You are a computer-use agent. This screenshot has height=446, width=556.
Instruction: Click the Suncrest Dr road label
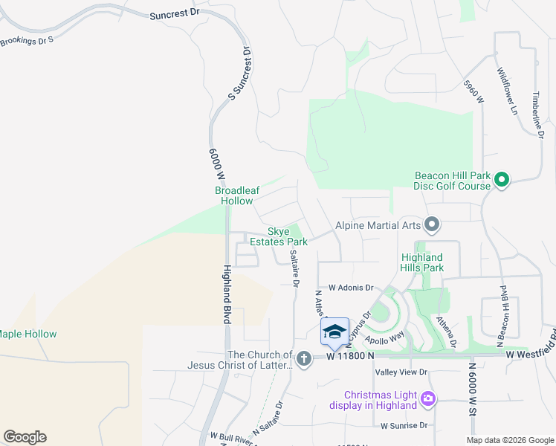pos(175,14)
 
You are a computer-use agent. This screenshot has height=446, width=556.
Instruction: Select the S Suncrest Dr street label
pos(240,73)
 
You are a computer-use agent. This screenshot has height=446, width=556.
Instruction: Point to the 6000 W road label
pos(216,165)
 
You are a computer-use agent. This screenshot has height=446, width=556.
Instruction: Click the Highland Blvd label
pos(226,294)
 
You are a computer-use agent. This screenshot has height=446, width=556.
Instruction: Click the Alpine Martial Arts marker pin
pos(432,224)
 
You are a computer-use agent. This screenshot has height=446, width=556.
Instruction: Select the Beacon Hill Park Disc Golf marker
pos(502,179)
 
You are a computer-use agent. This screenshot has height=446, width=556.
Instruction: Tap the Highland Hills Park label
pos(422,262)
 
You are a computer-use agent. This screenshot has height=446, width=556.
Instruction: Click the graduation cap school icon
pos(334,331)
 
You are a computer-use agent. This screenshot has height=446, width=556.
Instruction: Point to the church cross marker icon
pos(303,359)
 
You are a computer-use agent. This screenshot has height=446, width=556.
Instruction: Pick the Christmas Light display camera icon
pos(427,400)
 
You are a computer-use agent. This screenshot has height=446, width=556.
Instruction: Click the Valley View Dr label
pos(401,372)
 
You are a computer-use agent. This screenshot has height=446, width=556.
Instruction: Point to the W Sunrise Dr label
pos(404,426)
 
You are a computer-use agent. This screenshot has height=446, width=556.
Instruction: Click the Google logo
pos(25,437)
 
